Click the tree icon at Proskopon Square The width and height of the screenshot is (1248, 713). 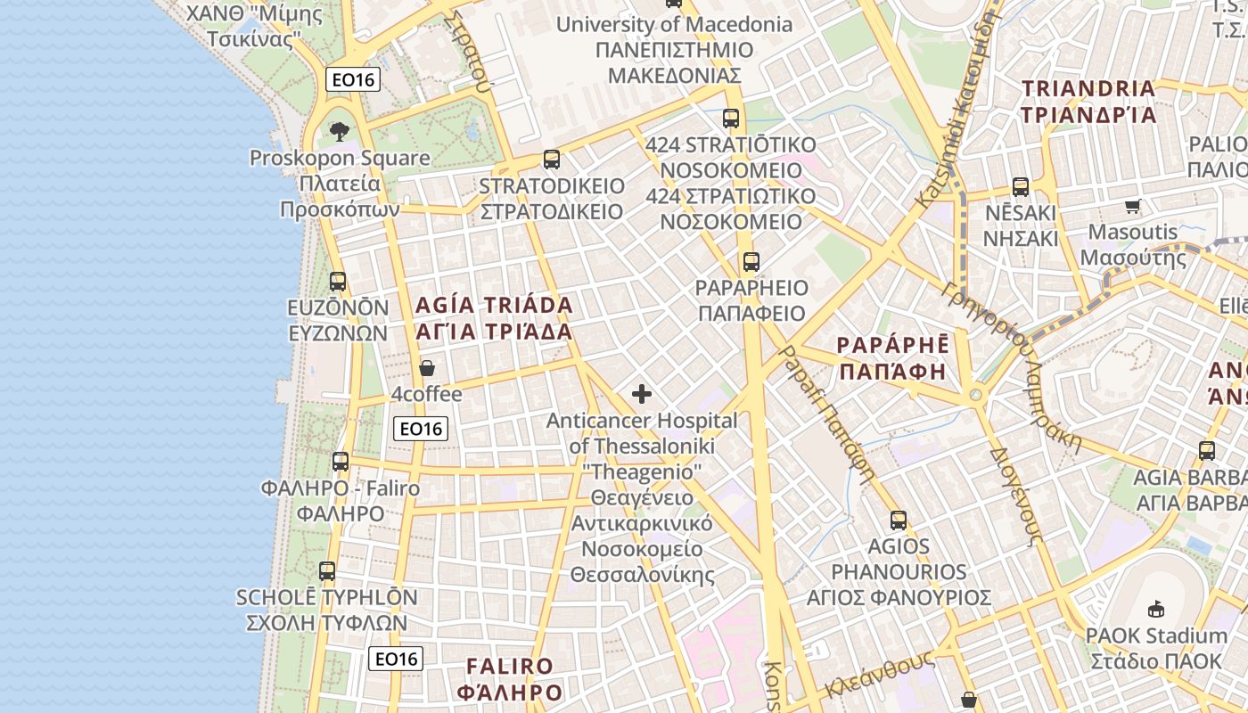339,133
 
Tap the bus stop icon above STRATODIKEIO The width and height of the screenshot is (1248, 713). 552,160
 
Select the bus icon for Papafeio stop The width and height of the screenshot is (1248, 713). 751,262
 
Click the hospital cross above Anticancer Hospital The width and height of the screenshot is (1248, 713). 642,394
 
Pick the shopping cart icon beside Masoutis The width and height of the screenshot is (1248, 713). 1132,207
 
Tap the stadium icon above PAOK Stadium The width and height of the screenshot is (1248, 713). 1156,610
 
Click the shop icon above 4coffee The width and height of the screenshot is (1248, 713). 427,368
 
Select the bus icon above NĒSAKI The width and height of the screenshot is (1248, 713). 1021,187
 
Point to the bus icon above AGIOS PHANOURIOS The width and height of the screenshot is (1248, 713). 899,520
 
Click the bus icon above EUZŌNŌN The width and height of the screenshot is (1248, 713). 338,282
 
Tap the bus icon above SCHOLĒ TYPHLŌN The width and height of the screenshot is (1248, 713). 327,571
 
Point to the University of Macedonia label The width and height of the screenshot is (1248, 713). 674,24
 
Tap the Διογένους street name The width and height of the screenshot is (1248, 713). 1016,496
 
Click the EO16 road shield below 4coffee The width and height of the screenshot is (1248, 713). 421,429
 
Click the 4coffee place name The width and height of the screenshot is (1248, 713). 427,394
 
